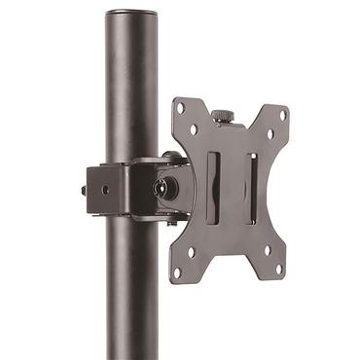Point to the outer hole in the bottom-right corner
[278, 269]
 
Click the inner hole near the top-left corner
[194, 129]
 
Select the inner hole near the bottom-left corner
[191, 250]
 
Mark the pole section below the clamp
[130, 292]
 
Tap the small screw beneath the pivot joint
[170, 222]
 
